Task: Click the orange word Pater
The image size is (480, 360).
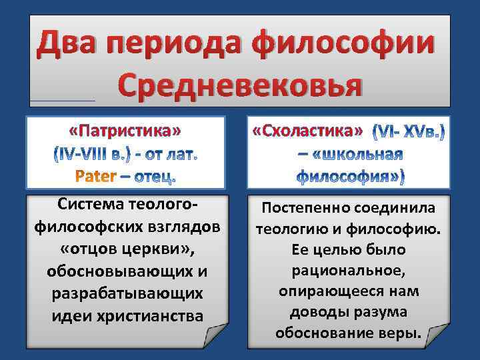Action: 96,176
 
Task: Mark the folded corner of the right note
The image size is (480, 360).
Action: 436,337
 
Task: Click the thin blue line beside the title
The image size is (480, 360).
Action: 63,101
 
